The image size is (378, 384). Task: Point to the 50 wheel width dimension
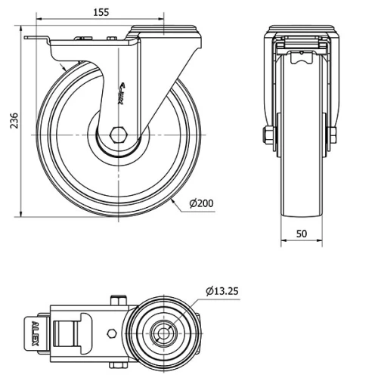pyautogui.click(x=302, y=234)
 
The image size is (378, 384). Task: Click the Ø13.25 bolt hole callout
pyautogui.click(x=223, y=291)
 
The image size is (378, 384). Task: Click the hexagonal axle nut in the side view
pyautogui.click(x=117, y=136)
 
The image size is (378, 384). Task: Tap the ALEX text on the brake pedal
pyautogui.click(x=35, y=331)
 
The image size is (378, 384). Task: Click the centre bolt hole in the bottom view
pyautogui.click(x=163, y=331)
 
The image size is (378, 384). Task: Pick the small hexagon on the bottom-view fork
pyautogui.click(x=113, y=332)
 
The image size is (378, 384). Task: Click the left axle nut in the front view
pyautogui.click(x=268, y=136)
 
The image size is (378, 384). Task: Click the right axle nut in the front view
pyautogui.click(x=333, y=136)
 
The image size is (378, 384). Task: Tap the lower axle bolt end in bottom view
pyautogui.click(x=117, y=364)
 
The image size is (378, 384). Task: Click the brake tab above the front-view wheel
pyautogui.click(x=301, y=54)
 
